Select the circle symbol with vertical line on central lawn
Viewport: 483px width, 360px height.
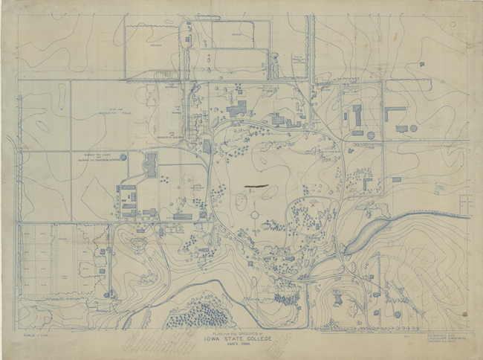(x=254, y=214)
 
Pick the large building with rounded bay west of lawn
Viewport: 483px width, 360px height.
(x=151, y=164)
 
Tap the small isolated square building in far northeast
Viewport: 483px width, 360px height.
(x=421, y=65)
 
